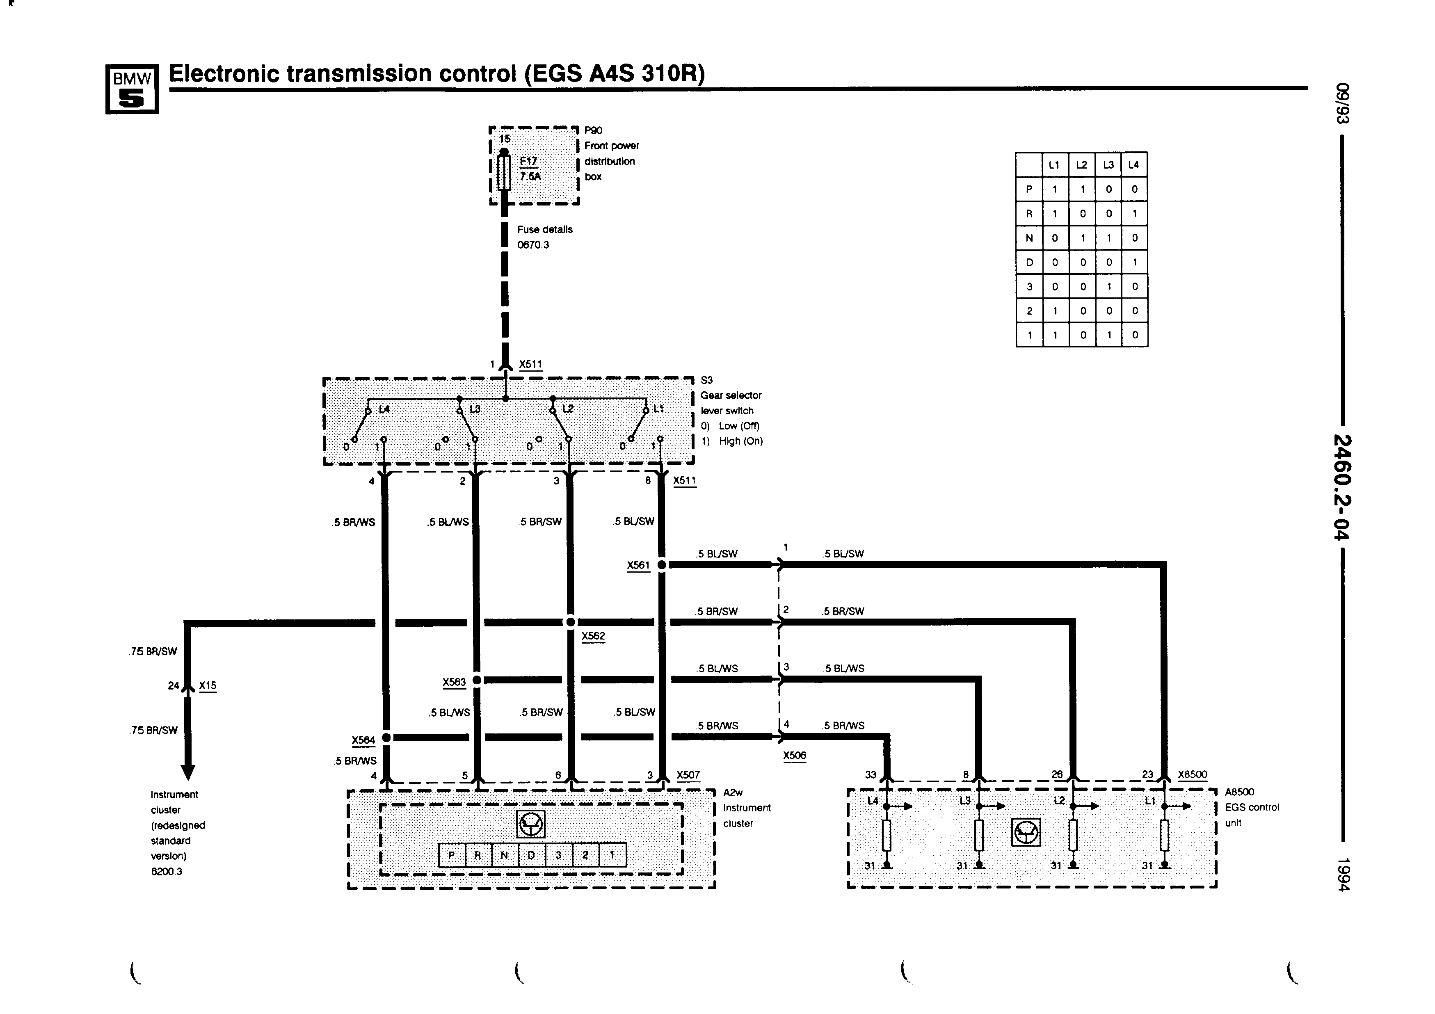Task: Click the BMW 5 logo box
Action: click(x=132, y=89)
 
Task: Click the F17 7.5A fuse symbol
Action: click(x=504, y=172)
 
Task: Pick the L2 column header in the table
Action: click(x=1082, y=165)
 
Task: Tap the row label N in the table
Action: click(x=1029, y=238)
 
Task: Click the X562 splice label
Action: click(x=593, y=636)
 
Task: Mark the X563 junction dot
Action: click(x=477, y=680)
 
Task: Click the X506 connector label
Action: click(x=794, y=755)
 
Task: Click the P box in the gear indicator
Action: click(x=452, y=855)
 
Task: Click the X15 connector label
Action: click(x=208, y=686)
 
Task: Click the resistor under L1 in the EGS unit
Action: click(x=1164, y=835)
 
